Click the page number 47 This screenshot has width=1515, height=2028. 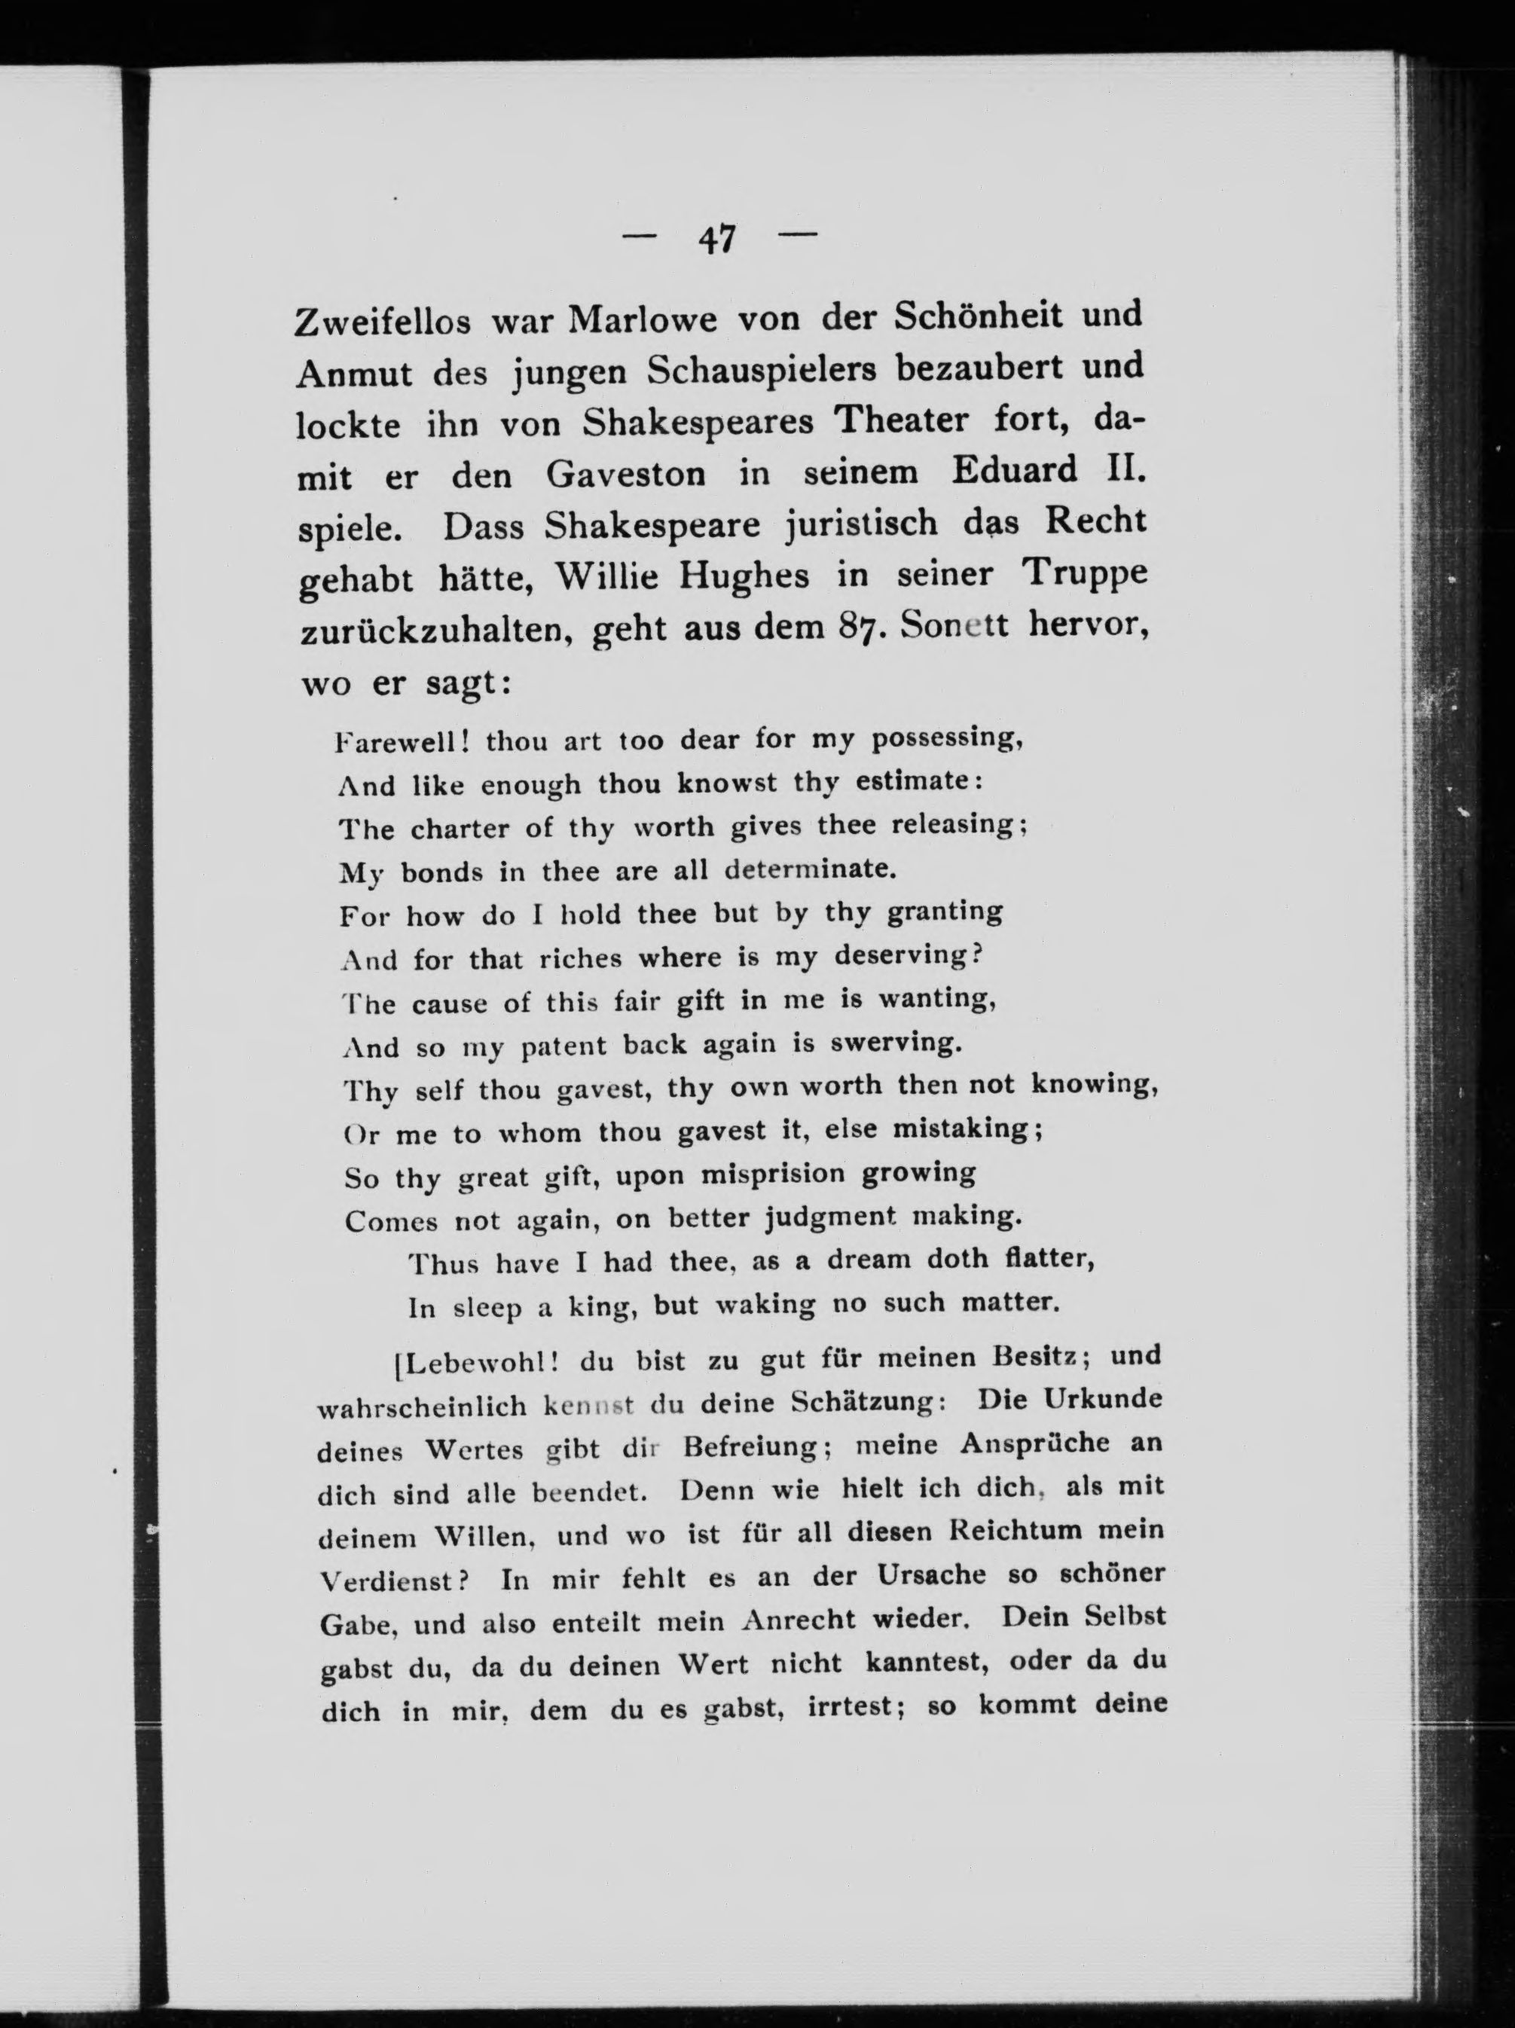tap(717, 240)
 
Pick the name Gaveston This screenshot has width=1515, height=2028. tap(626, 474)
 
